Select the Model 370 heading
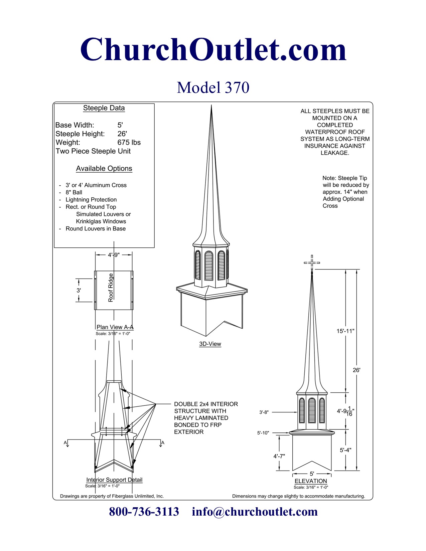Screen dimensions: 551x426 pos(213,87)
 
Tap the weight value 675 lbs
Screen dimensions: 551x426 pos(129,143)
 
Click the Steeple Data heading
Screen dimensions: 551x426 pos(104,108)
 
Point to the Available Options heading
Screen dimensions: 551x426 pos(104,169)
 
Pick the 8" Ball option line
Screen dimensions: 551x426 pos(74,193)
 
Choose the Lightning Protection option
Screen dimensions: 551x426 pos(91,200)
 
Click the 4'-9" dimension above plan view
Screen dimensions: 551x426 pos(114,255)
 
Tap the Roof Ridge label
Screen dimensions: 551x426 pos(111,288)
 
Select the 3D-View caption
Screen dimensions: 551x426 pos(210,344)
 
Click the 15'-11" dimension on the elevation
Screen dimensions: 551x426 pos(345,331)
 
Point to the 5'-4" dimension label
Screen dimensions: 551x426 pos(345,450)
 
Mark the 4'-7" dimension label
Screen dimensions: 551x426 pos(279,456)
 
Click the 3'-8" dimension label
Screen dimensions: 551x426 pos(264,412)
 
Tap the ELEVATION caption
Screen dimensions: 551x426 pos(311,481)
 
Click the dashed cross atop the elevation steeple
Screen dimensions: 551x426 pos(312,262)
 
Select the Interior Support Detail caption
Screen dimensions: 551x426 pos(114,480)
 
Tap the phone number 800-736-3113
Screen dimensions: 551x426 pos(144,512)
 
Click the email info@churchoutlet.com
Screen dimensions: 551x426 pos(255,512)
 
